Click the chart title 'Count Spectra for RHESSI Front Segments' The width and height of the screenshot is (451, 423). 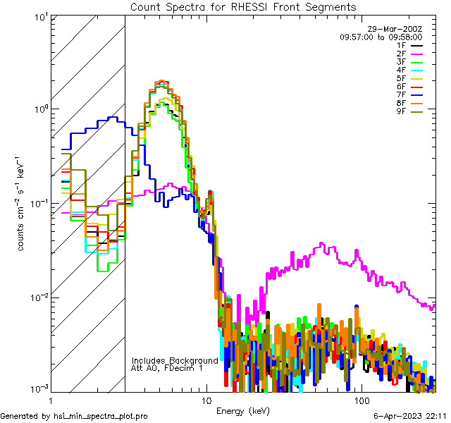(x=243, y=6)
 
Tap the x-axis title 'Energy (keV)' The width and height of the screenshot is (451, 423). (x=243, y=410)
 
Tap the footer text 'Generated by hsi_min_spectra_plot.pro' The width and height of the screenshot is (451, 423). (x=74, y=417)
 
